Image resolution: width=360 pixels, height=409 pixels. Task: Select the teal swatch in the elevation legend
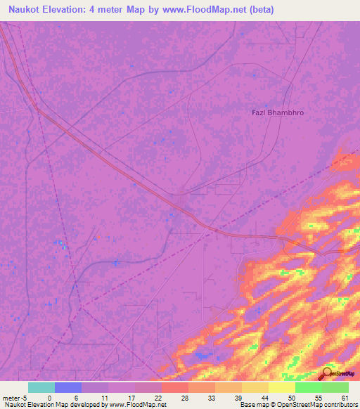(x=41, y=387)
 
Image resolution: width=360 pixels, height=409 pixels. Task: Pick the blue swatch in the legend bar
(x=67, y=387)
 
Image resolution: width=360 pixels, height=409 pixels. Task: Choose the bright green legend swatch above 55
(x=308, y=387)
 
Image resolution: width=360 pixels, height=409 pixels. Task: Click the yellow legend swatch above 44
(x=255, y=387)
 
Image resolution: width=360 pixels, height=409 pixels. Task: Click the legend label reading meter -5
(x=14, y=397)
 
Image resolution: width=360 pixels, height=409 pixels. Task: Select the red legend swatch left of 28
(x=174, y=387)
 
